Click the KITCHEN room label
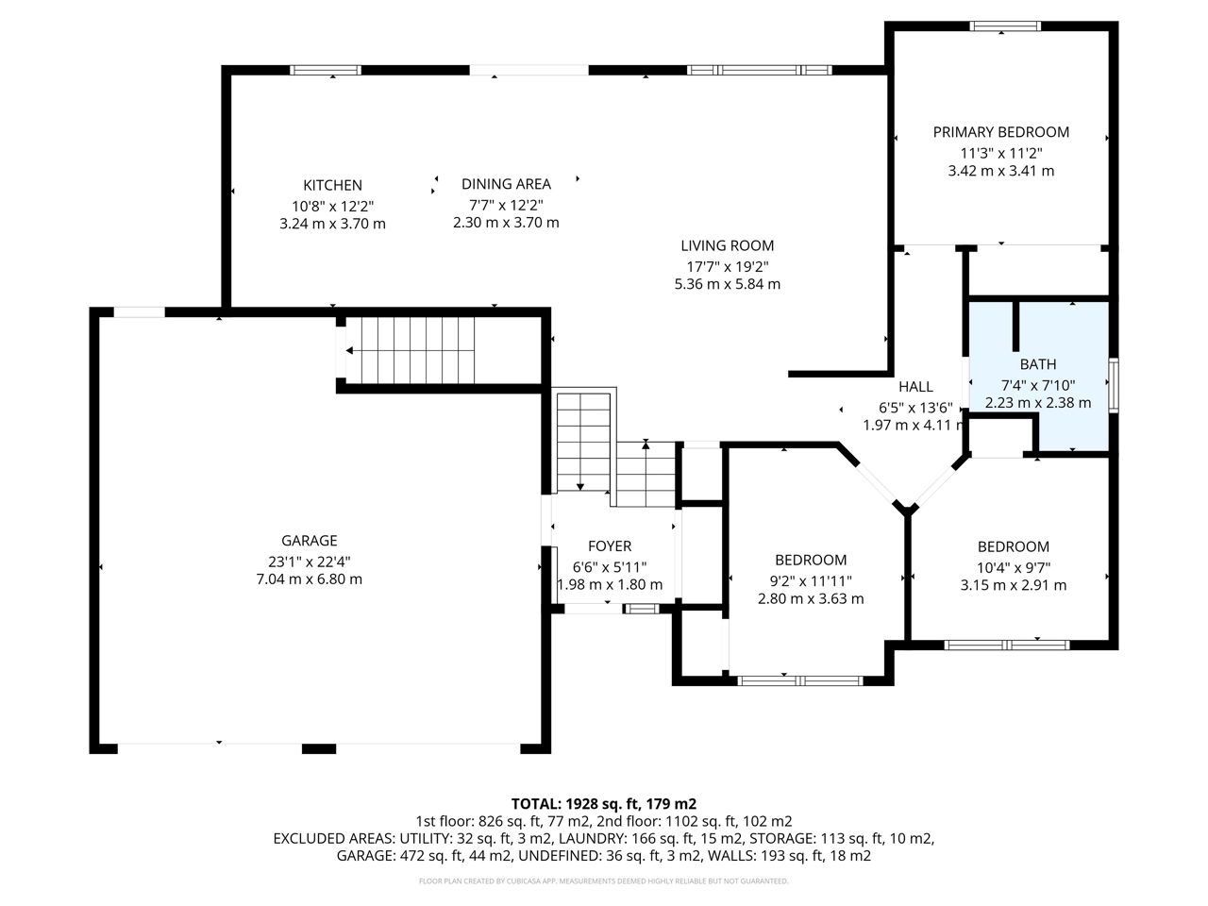pos(332,185)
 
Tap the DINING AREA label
pos(506,184)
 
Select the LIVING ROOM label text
pos(727,246)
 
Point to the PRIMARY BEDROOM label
pos(1000,132)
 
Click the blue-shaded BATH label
pos(1038,364)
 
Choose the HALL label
pos(915,387)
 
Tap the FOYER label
pos(610,546)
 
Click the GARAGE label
pos(310,541)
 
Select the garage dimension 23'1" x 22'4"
pos(310,562)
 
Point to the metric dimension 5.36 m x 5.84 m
pos(727,284)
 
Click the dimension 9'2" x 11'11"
pos(811,581)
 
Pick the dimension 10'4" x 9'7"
pos(1014,568)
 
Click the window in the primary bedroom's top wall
pos(1005,25)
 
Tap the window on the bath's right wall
pos(1114,385)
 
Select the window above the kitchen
pos(326,70)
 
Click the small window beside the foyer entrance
pos(641,609)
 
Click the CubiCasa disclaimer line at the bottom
pos(604,881)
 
